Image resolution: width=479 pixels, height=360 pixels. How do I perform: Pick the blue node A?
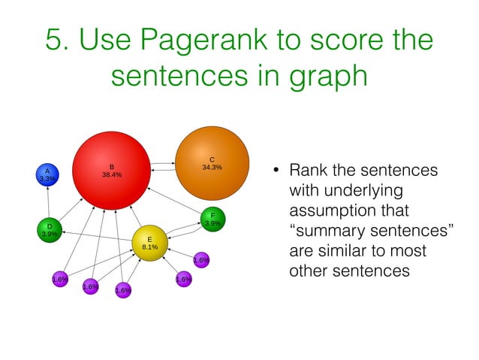pyautogui.click(x=47, y=174)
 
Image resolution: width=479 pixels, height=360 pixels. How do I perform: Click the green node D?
pyautogui.click(x=50, y=229)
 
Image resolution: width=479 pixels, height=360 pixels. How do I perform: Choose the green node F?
pyautogui.click(x=212, y=219)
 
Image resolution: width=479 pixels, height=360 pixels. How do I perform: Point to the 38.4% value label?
pyautogui.click(x=112, y=175)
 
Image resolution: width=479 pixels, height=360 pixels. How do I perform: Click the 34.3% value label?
pyautogui.click(x=212, y=168)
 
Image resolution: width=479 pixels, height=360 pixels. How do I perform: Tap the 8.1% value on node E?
pyautogui.click(x=149, y=247)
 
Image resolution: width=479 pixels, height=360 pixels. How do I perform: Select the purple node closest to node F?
pyautogui.click(x=201, y=260)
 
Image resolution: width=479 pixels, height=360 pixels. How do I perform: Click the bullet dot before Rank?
pyautogui.click(x=276, y=171)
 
